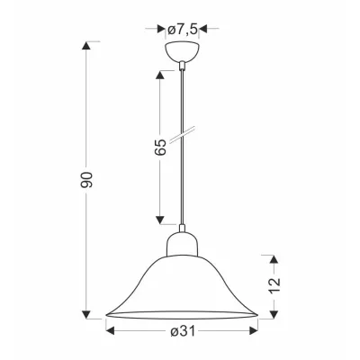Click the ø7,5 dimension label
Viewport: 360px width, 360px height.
182,29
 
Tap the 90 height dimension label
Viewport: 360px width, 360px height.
87,180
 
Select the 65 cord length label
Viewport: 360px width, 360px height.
160,147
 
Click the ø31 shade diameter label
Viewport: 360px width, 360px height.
183,331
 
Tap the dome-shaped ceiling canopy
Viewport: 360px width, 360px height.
182,51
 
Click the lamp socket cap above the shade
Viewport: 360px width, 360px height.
182,245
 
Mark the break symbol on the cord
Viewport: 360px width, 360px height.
182,135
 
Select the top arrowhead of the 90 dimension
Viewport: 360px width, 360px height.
86,46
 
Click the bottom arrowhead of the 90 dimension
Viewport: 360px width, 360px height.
86,314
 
